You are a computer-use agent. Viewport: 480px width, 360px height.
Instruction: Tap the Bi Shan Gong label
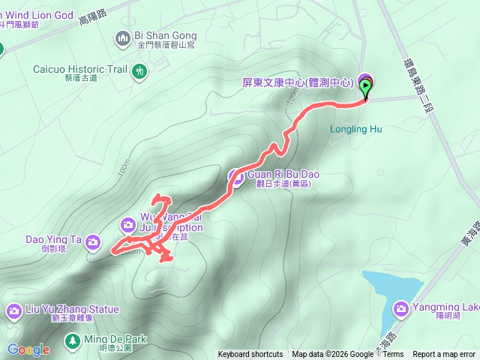click(x=165, y=35)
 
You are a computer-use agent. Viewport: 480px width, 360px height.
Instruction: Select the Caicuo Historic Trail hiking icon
click(x=139, y=71)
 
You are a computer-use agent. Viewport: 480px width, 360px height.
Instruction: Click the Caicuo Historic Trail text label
click(x=79, y=69)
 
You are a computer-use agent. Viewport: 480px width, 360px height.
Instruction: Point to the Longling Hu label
click(x=355, y=129)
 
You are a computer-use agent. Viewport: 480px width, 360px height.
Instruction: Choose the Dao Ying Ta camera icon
click(x=93, y=241)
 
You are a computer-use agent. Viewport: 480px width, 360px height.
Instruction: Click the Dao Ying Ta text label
click(x=54, y=241)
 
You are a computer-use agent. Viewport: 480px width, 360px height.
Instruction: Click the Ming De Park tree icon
click(x=72, y=341)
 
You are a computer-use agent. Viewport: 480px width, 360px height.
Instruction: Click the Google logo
click(x=28, y=349)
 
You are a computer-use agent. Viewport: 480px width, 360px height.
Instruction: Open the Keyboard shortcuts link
click(x=250, y=355)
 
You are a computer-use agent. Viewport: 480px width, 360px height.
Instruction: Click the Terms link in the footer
click(x=393, y=355)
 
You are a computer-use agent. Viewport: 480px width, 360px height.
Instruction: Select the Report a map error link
click(x=444, y=355)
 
